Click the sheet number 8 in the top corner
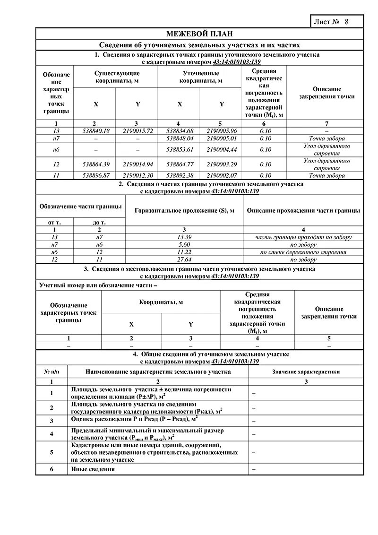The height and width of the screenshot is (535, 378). coord(346,22)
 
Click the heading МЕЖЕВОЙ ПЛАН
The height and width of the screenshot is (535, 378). coord(199,34)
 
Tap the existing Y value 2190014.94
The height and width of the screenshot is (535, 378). coord(137,164)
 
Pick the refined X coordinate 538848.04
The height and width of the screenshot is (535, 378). coord(178,138)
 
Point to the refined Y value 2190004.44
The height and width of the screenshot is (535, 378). coord(222,149)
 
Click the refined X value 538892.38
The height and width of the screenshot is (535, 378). coord(178,175)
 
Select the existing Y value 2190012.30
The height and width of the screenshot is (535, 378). coord(137,175)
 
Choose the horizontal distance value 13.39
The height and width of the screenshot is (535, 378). coord(184,237)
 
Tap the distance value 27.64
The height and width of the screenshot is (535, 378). coord(184,259)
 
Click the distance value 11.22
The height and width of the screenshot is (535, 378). coord(184,252)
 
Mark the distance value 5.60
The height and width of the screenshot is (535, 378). coord(184,245)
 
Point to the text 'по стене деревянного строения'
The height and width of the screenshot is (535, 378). coord(303,252)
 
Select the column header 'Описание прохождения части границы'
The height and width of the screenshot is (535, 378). coord(303,210)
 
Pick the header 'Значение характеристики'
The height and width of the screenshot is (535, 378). coord(306,372)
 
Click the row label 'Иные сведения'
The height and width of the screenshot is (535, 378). coord(93,469)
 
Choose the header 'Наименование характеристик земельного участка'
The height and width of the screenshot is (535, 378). coord(158,372)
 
